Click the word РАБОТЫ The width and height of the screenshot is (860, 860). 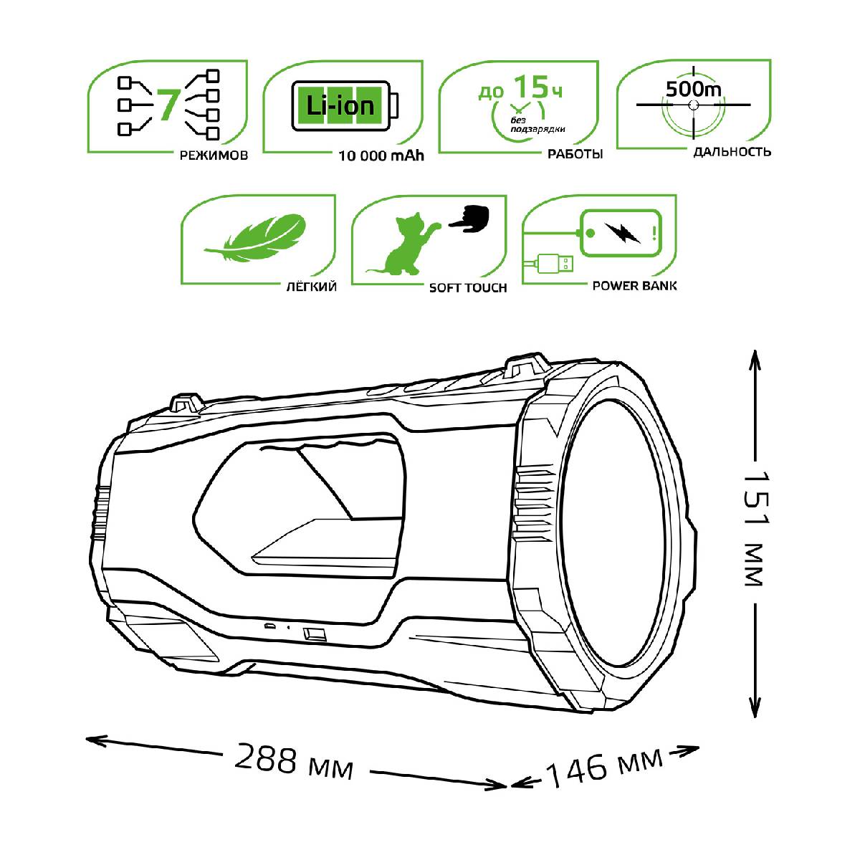(x=575, y=154)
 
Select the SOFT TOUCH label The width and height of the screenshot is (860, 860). (x=467, y=288)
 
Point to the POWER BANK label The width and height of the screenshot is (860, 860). (x=634, y=285)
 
